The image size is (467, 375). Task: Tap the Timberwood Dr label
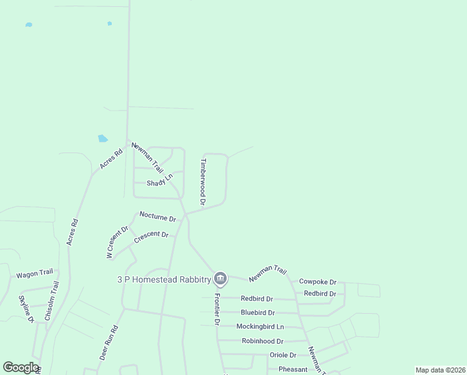202,181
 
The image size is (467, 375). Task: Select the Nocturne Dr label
158,216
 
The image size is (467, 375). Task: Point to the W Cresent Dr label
117,242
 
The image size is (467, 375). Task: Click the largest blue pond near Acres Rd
102,138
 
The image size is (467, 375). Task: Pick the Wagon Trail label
34,274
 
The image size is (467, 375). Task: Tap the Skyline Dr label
26,309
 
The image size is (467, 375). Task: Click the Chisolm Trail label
51,301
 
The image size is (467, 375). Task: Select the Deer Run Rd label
109,342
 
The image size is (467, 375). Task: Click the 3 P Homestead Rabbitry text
164,279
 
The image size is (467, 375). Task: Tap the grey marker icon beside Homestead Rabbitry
220,278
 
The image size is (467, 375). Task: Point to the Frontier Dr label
217,309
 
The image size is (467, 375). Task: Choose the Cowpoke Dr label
318,282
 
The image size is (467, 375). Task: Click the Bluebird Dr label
258,312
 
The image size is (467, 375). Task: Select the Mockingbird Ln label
260,326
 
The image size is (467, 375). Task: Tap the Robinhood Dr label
263,341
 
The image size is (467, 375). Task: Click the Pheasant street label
293,369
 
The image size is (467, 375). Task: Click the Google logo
21,367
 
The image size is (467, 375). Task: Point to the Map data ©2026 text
440,370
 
